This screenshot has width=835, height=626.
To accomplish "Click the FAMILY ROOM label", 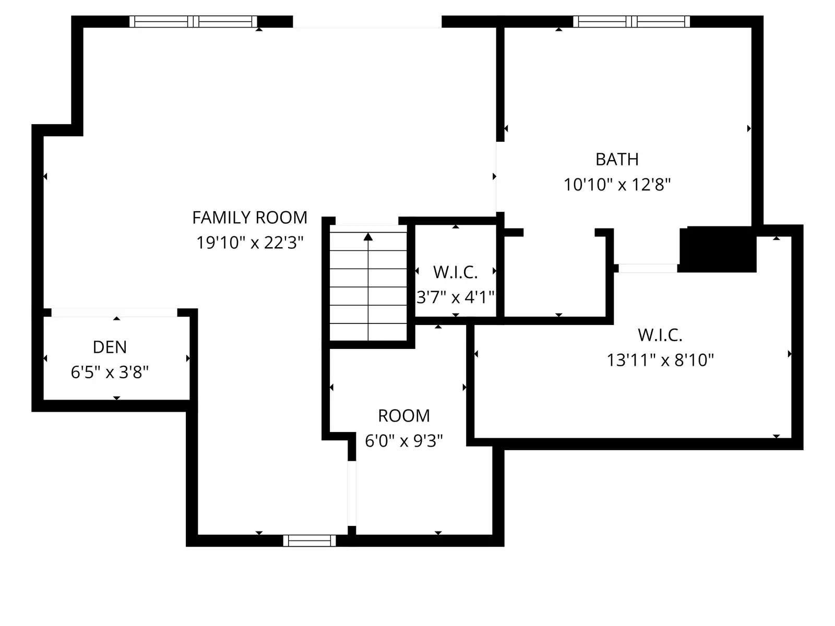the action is click(249, 218).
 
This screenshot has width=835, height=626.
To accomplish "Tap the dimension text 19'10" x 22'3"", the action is click(249, 243).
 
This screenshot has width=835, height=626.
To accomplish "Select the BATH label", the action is click(617, 160).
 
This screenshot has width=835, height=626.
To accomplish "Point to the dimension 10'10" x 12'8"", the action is click(617, 185).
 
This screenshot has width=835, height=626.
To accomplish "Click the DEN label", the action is click(110, 347).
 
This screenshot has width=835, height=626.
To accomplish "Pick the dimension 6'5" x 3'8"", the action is click(110, 372).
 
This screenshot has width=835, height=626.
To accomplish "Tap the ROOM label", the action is click(403, 416).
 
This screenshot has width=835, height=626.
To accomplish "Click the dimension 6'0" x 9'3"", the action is click(403, 441).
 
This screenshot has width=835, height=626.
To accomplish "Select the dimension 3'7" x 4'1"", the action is click(456, 297).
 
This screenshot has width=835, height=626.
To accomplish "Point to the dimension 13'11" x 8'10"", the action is click(660, 360).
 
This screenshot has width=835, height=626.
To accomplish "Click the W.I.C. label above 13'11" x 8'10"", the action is click(660, 335).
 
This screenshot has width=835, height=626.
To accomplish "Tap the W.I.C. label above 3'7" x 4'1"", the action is click(456, 272).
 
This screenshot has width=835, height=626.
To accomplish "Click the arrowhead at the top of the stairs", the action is click(368, 237).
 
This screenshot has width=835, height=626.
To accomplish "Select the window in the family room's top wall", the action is click(193, 21).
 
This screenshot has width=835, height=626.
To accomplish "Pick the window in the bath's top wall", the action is click(631, 21).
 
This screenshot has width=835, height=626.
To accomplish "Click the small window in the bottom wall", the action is click(309, 540).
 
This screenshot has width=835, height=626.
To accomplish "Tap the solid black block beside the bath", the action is click(718, 249).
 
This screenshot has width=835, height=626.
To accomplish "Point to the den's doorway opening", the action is click(114, 312).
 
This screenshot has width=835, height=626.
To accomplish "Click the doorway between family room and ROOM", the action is click(352, 493).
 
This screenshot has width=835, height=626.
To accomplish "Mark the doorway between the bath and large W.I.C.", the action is click(648, 268).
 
